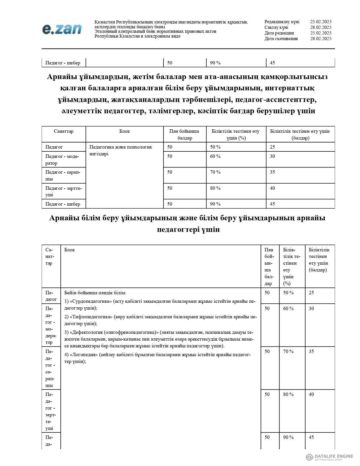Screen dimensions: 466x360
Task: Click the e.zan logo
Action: [x=62, y=29]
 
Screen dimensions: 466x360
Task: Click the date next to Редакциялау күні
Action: [x=320, y=22]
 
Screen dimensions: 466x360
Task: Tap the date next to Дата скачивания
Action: [x=320, y=39]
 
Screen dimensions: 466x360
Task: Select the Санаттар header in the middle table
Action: [x=64, y=131]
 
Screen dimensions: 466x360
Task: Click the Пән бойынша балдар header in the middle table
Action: [x=184, y=134]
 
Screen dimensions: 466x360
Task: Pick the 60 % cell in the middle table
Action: [x=215, y=156]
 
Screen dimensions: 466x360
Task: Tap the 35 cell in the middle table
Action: [x=272, y=172]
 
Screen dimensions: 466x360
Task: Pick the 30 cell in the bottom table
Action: [x=311, y=308]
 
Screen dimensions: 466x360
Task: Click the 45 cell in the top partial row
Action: [x=272, y=63]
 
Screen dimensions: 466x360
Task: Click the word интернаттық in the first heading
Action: [x=288, y=88]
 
